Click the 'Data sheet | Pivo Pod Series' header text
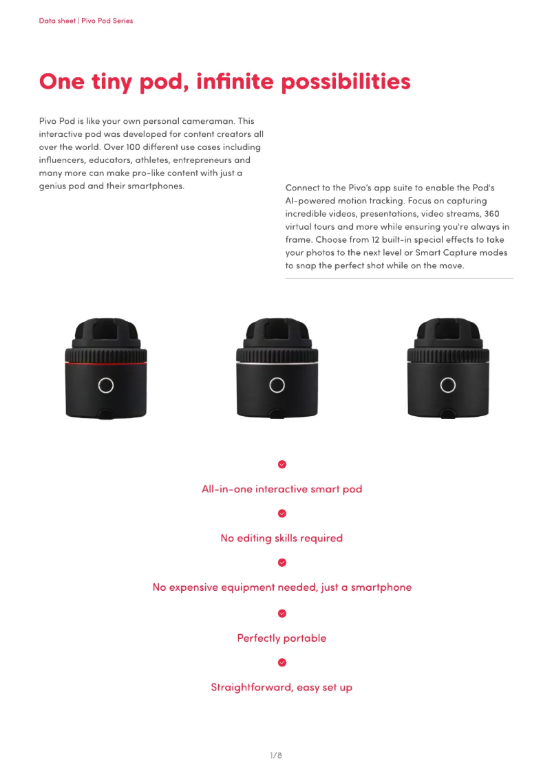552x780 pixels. (86, 21)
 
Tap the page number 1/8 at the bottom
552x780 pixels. (275, 755)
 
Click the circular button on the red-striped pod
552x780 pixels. (105, 385)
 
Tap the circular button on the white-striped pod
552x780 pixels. (277, 385)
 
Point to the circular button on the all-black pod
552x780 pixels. (448, 385)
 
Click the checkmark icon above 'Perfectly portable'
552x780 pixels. (282, 613)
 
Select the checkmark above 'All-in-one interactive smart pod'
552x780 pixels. (282, 464)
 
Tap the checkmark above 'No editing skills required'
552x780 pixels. (282, 513)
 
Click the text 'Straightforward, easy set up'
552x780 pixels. (282, 687)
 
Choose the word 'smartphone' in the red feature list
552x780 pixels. (381, 587)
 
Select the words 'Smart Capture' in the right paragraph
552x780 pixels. (443, 253)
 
